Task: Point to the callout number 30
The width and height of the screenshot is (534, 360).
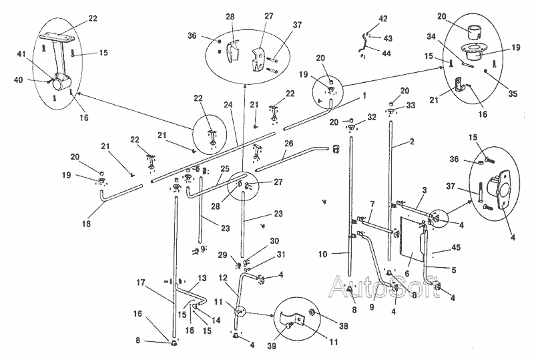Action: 256,240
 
